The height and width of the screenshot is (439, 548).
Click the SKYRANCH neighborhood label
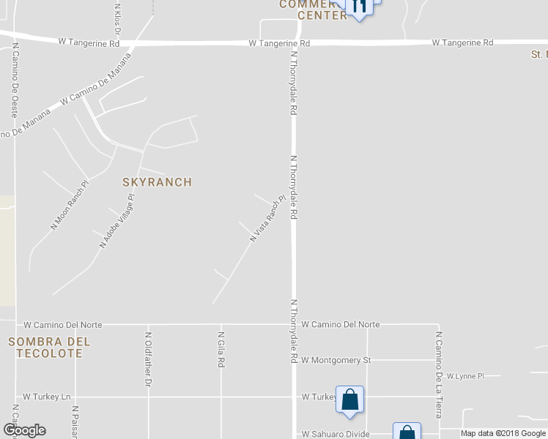click(x=157, y=182)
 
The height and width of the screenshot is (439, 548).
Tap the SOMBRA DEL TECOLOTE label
click(x=49, y=348)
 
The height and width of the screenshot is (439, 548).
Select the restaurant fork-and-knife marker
click(x=359, y=6)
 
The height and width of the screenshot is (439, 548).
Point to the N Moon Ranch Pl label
click(x=70, y=205)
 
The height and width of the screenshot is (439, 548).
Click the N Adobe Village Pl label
click(x=118, y=221)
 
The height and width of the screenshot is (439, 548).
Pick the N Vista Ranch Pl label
click(x=267, y=218)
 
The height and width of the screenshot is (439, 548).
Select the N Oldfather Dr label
click(x=148, y=359)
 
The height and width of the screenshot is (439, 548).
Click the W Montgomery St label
click(x=336, y=360)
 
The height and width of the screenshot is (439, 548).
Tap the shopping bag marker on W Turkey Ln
click(x=350, y=399)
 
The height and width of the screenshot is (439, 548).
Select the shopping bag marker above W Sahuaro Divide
click(x=407, y=432)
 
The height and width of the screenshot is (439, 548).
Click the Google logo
click(x=24, y=430)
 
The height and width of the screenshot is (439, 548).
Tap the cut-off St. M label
click(x=538, y=54)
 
